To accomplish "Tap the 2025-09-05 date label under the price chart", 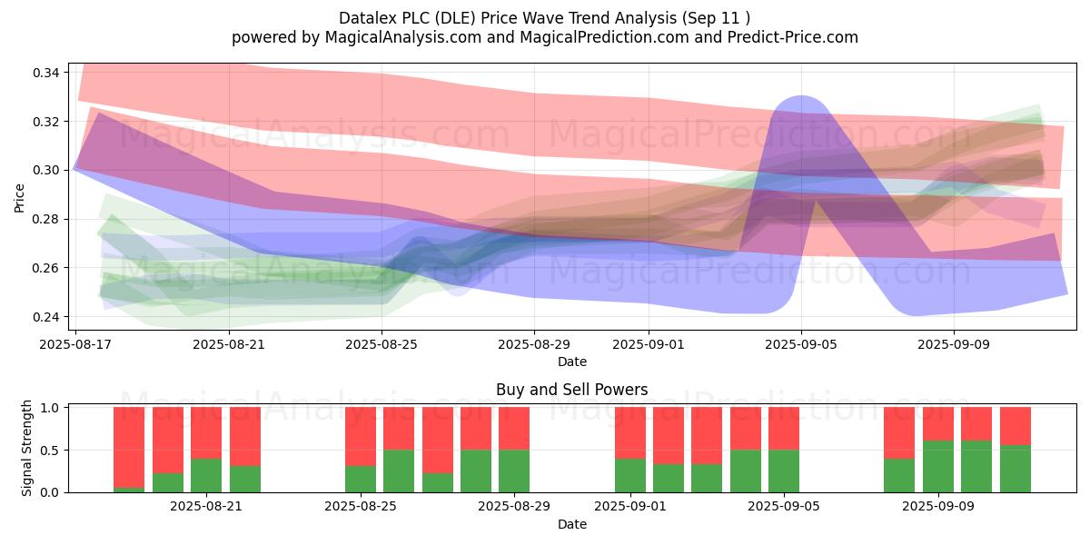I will pos(801,345).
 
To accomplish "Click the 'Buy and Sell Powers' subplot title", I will pos(571,390).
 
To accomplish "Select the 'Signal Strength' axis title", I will pos(26,448).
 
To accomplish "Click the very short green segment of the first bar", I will pos(129,490).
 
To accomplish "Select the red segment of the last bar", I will pos(1016,425).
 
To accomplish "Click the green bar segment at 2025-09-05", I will pos(784,471).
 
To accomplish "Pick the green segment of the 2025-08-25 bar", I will pos(361,479).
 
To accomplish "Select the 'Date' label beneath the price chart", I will pos(571,362).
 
